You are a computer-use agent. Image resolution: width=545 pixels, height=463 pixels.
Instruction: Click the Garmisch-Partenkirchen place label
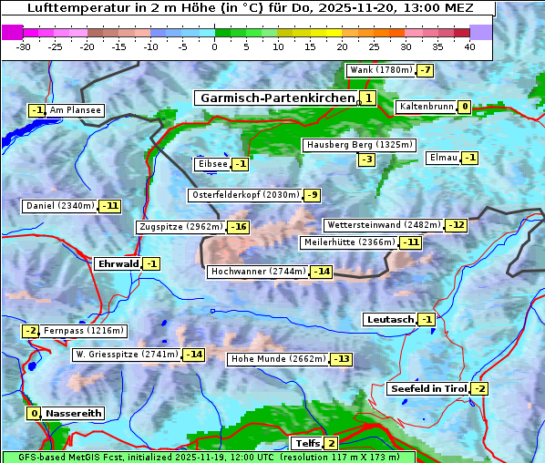[276, 98]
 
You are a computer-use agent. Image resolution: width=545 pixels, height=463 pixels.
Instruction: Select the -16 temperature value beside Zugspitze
[238, 227]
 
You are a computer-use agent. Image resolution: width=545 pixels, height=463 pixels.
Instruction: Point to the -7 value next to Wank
[426, 70]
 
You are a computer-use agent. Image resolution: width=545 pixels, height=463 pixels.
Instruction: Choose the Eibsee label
[211, 164]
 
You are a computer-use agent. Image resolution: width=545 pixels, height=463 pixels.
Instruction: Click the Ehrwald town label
[118, 264]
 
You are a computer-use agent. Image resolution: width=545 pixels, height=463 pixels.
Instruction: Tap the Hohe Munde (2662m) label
[279, 359]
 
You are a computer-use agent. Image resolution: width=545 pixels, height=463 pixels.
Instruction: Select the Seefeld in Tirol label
[428, 389]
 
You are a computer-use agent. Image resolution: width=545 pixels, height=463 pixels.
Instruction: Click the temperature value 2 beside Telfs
[331, 444]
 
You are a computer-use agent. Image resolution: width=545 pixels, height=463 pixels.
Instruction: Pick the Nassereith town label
[73, 413]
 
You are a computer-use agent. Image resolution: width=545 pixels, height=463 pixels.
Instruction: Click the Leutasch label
[390, 319]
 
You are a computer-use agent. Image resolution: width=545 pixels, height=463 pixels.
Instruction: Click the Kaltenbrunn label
[426, 107]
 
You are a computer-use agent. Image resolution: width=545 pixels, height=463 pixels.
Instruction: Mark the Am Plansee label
[75, 110]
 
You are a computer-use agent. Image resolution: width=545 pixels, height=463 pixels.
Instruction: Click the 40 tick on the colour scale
[469, 46]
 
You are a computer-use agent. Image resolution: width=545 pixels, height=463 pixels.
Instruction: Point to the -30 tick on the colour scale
[24, 46]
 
